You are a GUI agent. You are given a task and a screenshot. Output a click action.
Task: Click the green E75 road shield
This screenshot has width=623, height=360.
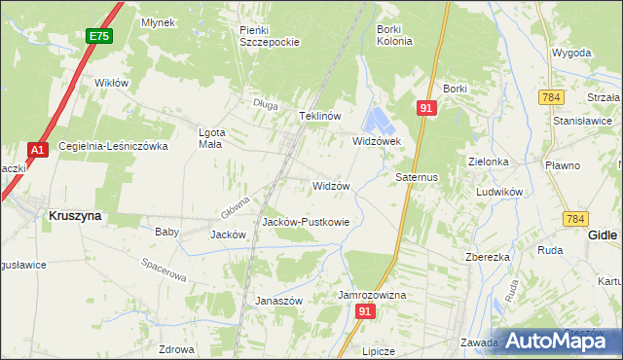(x=97, y=36)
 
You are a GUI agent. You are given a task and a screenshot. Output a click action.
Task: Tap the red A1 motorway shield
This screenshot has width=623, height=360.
(x=37, y=150)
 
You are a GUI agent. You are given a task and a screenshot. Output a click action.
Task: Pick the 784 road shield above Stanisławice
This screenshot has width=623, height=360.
(x=552, y=96)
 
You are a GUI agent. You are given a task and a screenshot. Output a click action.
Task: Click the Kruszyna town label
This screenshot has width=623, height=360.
(x=74, y=216)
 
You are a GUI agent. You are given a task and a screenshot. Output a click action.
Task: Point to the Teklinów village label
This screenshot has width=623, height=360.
(x=318, y=116)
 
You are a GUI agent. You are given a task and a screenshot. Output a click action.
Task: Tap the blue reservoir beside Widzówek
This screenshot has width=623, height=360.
(x=377, y=122)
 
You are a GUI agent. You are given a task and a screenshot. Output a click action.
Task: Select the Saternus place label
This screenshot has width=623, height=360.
(x=418, y=178)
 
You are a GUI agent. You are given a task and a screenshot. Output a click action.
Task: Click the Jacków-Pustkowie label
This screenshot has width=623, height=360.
(x=305, y=222)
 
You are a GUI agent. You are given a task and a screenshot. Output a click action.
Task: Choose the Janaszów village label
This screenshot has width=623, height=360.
(x=279, y=301)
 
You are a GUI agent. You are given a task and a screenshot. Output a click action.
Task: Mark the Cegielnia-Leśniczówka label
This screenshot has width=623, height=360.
(x=114, y=146)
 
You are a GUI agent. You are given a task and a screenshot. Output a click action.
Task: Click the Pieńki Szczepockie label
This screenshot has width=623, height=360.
(x=268, y=36)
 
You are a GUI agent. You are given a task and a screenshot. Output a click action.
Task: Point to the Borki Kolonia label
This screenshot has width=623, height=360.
(x=395, y=35)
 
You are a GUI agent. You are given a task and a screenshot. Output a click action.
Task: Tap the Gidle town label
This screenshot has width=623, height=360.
(x=605, y=235)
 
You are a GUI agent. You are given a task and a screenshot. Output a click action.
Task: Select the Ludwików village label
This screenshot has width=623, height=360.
(x=500, y=192)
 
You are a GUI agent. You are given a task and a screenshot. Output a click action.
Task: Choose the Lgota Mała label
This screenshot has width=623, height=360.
(x=209, y=138)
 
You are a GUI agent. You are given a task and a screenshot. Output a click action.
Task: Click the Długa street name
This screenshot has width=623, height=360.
(x=264, y=104)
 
